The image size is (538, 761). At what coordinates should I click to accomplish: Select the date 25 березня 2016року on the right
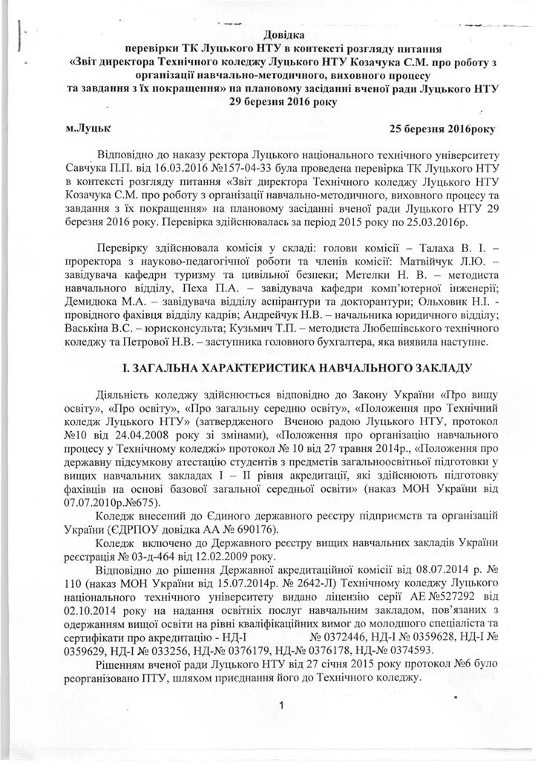(441, 128)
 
